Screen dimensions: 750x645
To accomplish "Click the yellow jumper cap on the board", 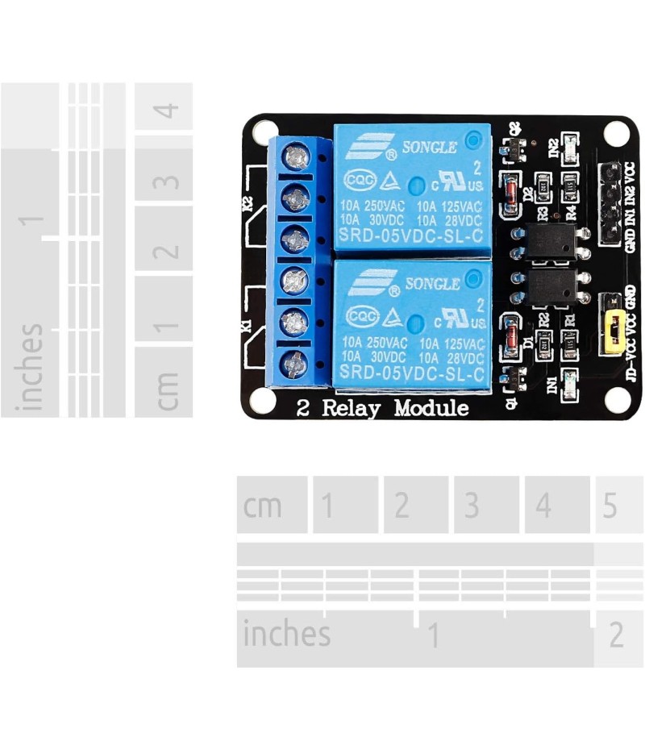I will click(x=614, y=331).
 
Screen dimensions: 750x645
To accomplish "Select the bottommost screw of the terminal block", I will click(x=296, y=362).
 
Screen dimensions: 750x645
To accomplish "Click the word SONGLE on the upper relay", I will click(x=430, y=148).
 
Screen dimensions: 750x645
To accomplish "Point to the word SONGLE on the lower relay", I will click(x=432, y=284).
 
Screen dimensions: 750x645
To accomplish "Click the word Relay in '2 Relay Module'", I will click(x=351, y=408).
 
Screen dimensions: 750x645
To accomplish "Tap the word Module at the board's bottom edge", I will click(x=431, y=408).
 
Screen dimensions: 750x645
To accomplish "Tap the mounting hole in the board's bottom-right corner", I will click(x=616, y=398).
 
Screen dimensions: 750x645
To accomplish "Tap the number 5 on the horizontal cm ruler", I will click(x=610, y=506).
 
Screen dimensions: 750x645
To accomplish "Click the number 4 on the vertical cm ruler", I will click(x=166, y=108).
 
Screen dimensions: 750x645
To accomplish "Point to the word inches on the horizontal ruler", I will click(x=286, y=635).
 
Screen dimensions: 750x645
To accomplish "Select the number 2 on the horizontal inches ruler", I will click(x=616, y=635).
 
